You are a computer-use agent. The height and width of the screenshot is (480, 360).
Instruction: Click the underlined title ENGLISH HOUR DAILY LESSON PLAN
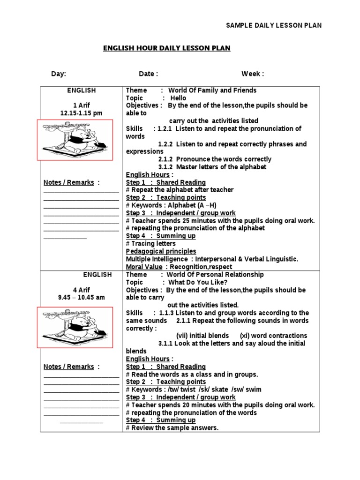click(x=167, y=48)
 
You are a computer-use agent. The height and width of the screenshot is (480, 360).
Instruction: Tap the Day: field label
click(x=59, y=74)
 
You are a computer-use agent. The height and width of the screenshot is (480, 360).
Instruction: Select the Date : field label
click(x=148, y=74)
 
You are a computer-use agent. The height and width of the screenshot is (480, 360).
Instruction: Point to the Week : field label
click(x=253, y=74)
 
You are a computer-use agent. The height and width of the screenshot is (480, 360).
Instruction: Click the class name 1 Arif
click(x=81, y=105)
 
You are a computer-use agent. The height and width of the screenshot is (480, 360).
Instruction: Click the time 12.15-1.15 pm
click(x=81, y=113)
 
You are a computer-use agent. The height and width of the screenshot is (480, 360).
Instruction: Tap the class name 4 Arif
click(x=81, y=290)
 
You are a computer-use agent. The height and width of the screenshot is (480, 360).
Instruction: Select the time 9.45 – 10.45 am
click(x=81, y=298)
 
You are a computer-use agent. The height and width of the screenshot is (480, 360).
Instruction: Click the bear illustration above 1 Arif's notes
click(x=75, y=140)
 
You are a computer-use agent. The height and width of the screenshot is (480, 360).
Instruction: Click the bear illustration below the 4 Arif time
click(x=75, y=327)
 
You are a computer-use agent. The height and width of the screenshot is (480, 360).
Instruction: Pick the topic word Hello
click(x=178, y=98)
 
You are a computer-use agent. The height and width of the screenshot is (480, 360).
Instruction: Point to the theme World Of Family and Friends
click(x=212, y=90)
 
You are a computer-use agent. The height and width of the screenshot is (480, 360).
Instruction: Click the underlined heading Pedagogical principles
click(x=161, y=251)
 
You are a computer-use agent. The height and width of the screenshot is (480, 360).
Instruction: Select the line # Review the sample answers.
click(x=172, y=428)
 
